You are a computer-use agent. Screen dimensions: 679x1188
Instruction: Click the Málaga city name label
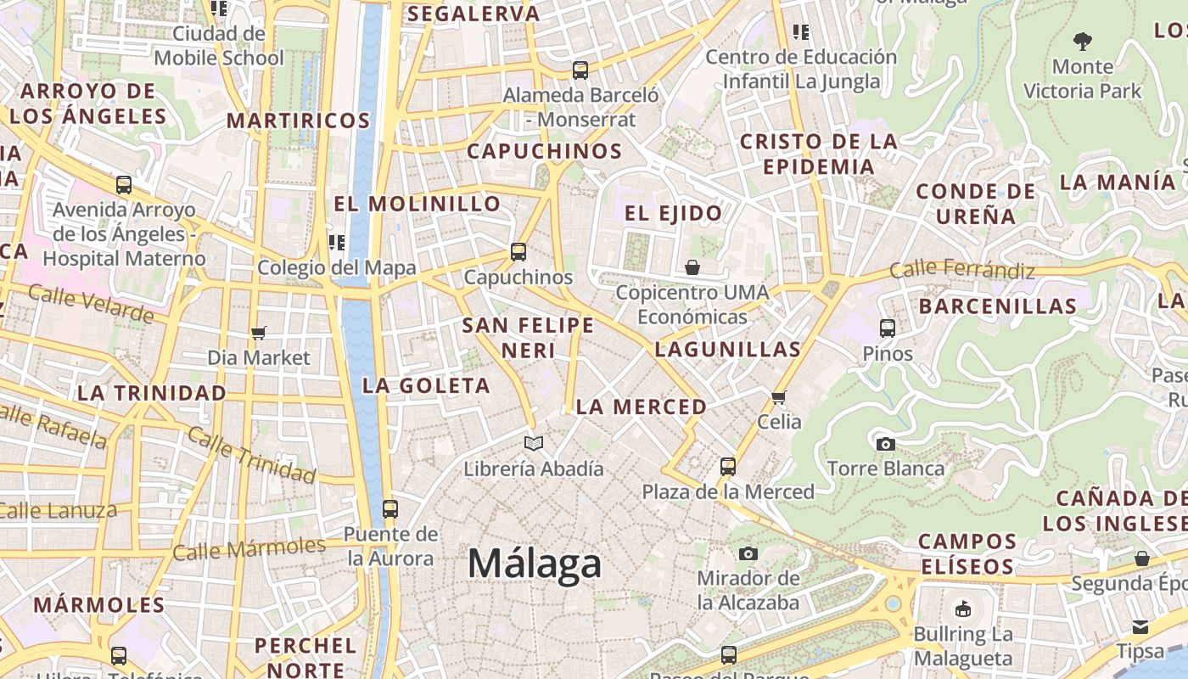click(x=535, y=564)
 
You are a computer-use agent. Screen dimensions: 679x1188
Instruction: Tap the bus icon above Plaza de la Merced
click(x=727, y=466)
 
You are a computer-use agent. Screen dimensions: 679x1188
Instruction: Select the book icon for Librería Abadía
click(x=534, y=443)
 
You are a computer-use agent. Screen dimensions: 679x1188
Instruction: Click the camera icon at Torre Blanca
click(x=885, y=443)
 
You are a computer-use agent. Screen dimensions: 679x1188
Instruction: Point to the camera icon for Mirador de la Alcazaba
click(x=748, y=553)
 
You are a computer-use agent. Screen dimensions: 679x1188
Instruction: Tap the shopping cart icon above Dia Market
click(x=259, y=333)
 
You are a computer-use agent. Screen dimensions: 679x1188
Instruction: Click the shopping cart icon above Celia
click(x=779, y=396)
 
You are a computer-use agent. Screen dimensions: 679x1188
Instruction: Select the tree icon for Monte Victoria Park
click(x=1082, y=40)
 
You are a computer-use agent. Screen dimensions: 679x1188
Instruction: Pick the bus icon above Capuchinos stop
click(x=518, y=252)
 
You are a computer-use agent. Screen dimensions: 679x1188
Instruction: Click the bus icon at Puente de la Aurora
click(x=389, y=509)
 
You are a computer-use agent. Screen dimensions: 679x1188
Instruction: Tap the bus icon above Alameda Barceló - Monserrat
click(x=580, y=70)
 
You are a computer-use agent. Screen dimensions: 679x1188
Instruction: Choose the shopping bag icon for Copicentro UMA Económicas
click(x=692, y=267)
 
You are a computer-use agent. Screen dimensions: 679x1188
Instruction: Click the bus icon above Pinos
click(x=888, y=328)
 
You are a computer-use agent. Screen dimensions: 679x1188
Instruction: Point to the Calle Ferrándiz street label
click(x=962, y=270)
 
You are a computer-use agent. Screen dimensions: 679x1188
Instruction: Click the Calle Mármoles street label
click(x=249, y=549)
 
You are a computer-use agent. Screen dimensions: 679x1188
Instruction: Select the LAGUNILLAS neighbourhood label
click(x=728, y=349)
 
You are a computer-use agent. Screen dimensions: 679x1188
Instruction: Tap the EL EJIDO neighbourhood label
click(x=674, y=213)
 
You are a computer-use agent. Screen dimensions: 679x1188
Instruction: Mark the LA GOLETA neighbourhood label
click(x=426, y=385)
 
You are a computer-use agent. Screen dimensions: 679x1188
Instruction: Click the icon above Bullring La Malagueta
click(x=963, y=609)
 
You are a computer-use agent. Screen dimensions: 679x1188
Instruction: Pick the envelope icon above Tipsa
click(x=1140, y=626)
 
